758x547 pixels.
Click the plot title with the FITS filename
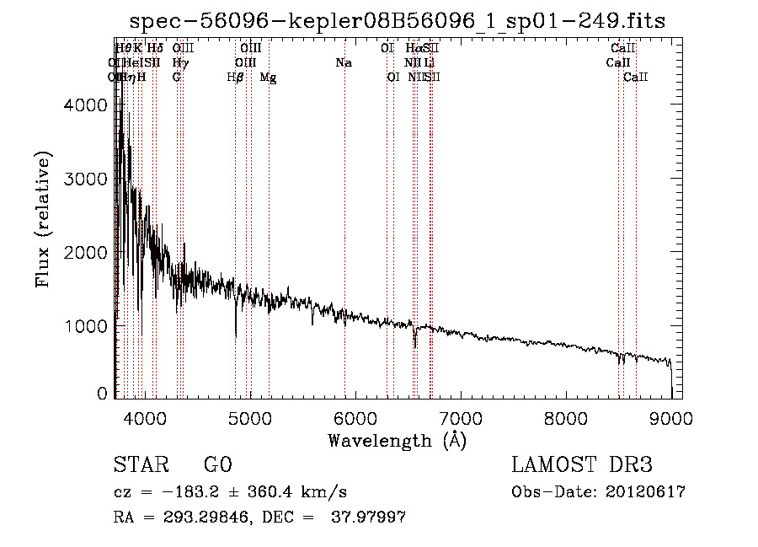(x=398, y=22)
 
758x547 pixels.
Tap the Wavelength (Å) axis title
(x=397, y=439)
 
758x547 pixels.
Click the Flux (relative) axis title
(x=45, y=220)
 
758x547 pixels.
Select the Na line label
(x=343, y=63)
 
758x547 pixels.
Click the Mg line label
(x=268, y=78)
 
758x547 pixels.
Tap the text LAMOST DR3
(x=582, y=465)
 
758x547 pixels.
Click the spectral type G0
(x=217, y=465)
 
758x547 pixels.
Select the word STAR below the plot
(x=139, y=465)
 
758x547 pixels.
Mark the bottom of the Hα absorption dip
(x=414, y=347)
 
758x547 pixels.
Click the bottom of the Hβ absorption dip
(x=236, y=337)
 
